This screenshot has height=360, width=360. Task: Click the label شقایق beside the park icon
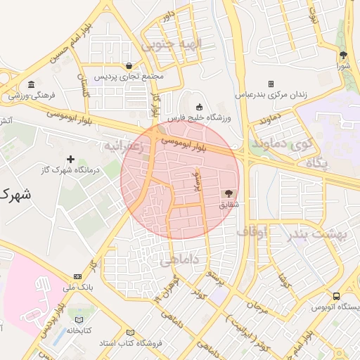coord(229,205)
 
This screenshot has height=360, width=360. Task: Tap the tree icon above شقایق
coord(229,193)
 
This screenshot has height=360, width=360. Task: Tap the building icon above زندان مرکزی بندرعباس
coord(271,83)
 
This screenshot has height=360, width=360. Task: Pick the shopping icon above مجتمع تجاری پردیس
coord(129,65)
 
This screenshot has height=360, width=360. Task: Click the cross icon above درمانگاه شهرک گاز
coord(70,160)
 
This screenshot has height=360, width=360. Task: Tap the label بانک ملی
coord(77,287)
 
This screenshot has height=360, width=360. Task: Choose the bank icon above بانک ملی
coord(77,276)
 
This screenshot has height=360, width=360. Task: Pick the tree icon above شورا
coord(343,55)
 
